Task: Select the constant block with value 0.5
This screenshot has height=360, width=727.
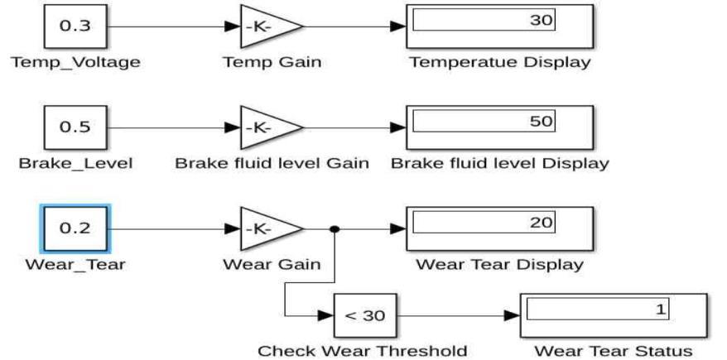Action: [75, 127]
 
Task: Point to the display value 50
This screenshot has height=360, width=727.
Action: [539, 122]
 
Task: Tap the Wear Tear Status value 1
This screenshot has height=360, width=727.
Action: [660, 309]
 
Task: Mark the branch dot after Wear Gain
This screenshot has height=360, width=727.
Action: [333, 230]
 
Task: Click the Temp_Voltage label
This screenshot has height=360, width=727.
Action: [75, 62]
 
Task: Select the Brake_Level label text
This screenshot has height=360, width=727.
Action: [75, 163]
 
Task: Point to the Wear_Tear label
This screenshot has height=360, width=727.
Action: [75, 265]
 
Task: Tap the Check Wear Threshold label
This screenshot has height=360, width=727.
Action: [363, 351]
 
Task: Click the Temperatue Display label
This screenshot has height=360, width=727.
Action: [500, 62]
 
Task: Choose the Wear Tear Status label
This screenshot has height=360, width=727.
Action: [614, 351]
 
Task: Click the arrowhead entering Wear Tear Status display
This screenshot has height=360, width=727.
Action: [513, 315]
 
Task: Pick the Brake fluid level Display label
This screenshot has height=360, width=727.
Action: [500, 163]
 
